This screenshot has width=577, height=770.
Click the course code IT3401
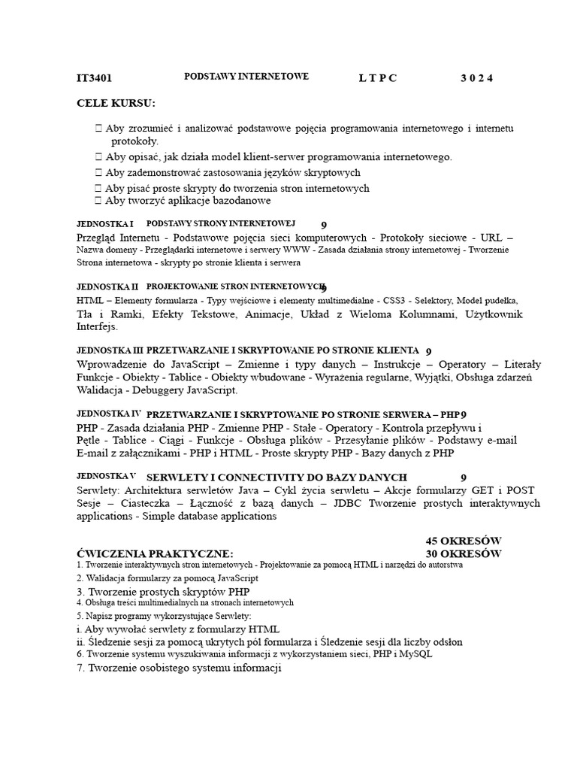(x=94, y=78)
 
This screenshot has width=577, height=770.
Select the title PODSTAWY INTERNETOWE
(x=246, y=77)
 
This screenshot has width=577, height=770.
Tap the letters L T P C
(x=377, y=78)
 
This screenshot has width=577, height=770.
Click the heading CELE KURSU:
(x=116, y=103)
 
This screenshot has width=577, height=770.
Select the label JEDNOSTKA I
(x=105, y=224)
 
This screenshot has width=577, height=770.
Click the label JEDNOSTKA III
(x=110, y=350)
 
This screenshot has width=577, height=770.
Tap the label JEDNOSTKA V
(x=106, y=476)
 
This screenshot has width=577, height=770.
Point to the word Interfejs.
(x=97, y=326)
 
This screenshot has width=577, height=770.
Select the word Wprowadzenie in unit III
(x=114, y=364)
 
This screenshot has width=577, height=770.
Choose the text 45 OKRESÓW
(x=463, y=541)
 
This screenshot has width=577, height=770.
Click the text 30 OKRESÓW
(x=463, y=553)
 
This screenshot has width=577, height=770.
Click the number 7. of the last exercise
(x=81, y=668)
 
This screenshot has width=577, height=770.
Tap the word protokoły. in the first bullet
(x=135, y=141)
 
